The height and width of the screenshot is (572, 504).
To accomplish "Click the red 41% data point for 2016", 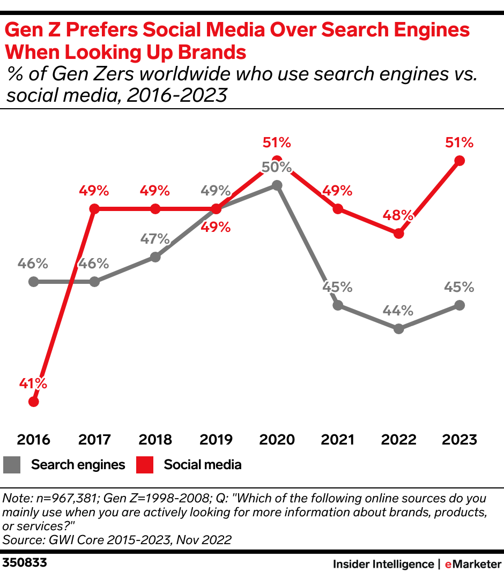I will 34,401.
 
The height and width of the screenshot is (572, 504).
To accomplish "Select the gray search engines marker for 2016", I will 34,281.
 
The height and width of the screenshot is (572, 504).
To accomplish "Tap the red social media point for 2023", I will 459,160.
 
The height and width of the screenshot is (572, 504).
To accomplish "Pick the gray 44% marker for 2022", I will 398,329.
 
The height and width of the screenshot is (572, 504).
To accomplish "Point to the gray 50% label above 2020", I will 277,167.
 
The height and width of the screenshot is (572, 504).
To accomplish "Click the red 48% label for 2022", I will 398,215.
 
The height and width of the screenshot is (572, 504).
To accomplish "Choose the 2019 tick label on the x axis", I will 216,440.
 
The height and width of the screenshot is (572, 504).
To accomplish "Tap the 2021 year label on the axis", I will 337,440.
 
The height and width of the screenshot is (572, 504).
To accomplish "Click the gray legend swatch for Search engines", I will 12,464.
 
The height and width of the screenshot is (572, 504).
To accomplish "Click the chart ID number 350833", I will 25,563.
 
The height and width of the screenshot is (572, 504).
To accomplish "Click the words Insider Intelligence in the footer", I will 383,563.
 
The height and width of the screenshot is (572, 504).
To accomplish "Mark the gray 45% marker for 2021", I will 337,305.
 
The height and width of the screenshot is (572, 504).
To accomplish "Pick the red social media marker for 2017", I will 94,208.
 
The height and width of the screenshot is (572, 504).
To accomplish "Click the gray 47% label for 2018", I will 155,239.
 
